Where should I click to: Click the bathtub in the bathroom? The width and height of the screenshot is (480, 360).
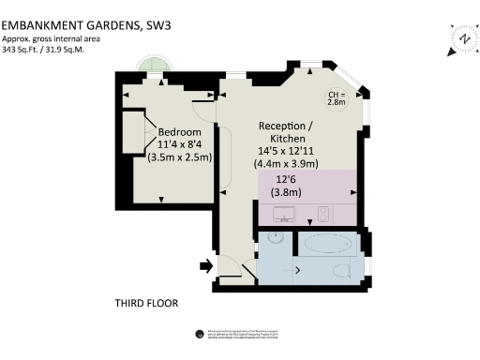click(326, 245)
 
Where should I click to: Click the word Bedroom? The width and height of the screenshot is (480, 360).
click(179, 131)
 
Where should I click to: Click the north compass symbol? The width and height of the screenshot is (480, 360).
click(463, 37)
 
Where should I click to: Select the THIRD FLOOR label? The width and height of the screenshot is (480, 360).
click(146, 303)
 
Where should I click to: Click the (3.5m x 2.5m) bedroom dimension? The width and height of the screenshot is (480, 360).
click(180, 157)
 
